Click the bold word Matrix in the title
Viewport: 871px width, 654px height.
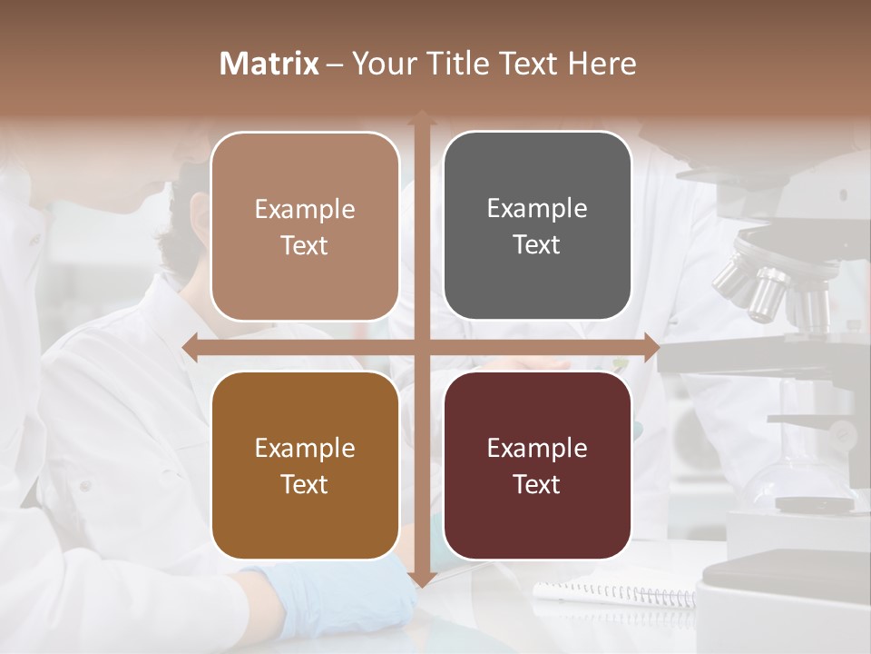(269, 64)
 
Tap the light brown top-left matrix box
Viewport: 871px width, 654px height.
(305, 226)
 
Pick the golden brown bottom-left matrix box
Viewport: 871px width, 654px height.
(305, 465)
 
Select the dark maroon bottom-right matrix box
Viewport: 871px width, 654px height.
(537, 465)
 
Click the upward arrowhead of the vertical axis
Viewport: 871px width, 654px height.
(421, 117)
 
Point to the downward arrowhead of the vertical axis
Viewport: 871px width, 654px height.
(421, 579)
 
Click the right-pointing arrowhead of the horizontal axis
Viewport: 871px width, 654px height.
(651, 346)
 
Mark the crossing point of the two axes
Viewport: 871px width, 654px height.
(421, 346)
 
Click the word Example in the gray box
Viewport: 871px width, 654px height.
(537, 208)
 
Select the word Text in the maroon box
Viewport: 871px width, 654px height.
(537, 484)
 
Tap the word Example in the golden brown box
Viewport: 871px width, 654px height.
(305, 448)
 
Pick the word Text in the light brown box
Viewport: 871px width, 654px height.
(305, 245)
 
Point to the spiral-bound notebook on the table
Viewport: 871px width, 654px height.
(617, 595)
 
